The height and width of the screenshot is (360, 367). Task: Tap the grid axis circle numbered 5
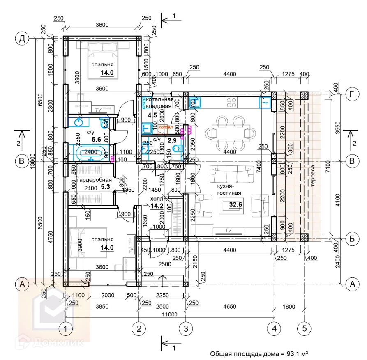click(304, 328)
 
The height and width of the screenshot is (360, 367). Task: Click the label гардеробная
click(94, 180)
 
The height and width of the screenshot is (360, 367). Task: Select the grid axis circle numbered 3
click(186, 328)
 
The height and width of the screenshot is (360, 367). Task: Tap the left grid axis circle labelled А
click(22, 284)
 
